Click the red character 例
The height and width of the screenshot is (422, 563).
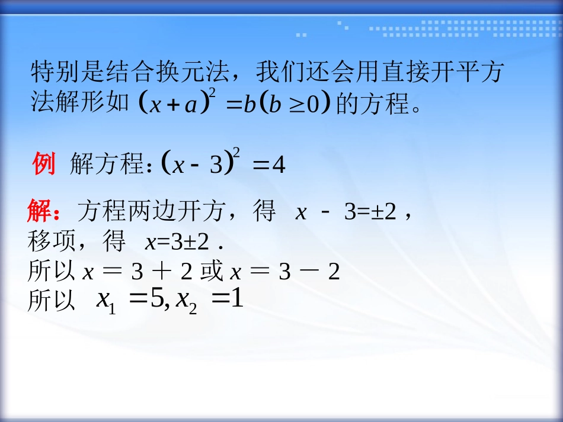44,164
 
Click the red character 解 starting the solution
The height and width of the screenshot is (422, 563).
39,211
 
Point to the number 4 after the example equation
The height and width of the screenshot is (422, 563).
279,166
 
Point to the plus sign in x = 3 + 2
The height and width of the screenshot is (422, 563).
160,272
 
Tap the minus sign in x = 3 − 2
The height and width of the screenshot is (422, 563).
308,272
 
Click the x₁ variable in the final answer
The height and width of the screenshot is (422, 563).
105,302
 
